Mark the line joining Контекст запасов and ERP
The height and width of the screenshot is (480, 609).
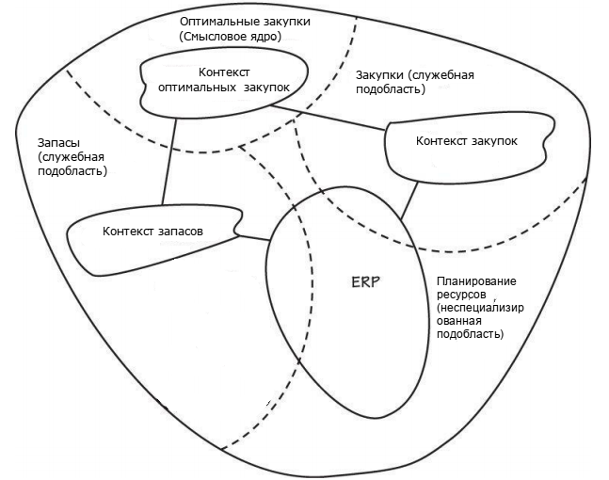(x=252, y=237)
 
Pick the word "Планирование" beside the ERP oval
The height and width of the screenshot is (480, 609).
(x=475, y=281)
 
